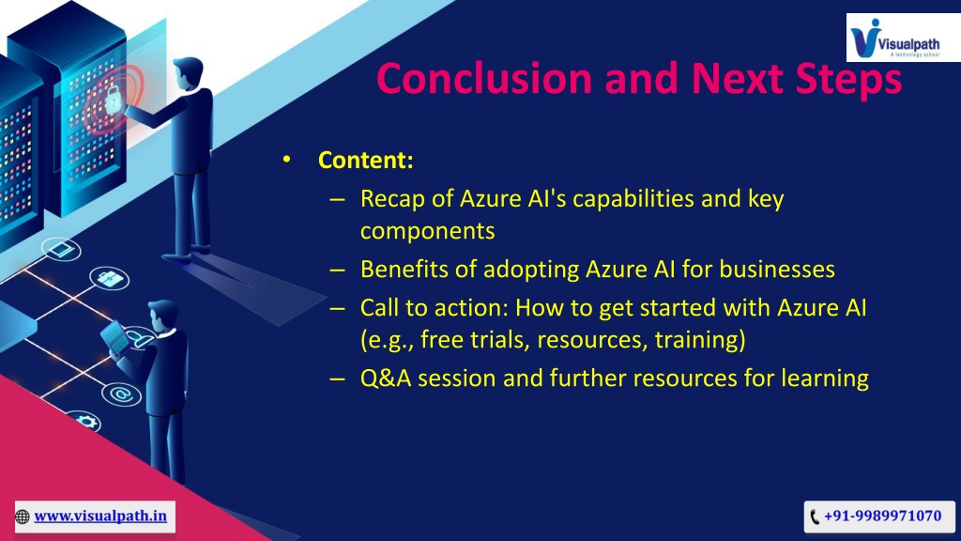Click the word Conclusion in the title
484,79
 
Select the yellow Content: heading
366,160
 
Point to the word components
428,232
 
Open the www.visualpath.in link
100,516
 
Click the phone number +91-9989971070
882,516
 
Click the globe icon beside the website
23,518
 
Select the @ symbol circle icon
121,394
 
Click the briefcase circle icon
109,278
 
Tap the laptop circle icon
61,250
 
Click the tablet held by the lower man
115,337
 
